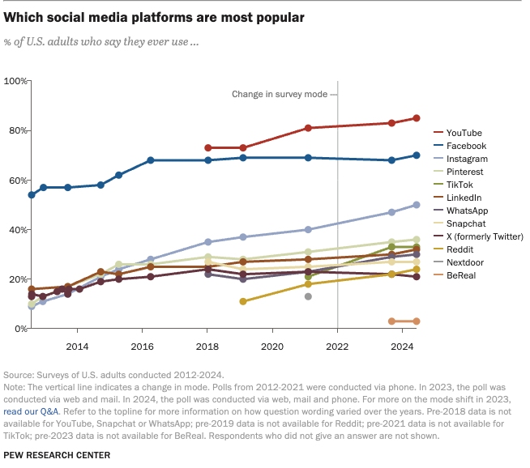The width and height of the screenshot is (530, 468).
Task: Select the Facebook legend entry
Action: coord(466,146)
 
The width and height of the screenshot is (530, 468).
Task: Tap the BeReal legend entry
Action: coord(462,277)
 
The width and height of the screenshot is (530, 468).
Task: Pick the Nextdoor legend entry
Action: coord(466,264)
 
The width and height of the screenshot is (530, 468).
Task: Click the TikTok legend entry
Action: coord(459,185)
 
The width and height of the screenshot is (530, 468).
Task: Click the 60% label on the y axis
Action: coord(17,180)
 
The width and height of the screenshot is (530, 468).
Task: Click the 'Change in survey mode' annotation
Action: coord(280,95)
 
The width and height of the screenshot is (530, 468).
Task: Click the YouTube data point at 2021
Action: coord(308,128)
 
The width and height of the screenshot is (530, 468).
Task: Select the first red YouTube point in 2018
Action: coord(208,148)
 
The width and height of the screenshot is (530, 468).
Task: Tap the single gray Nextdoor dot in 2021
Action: coord(308,296)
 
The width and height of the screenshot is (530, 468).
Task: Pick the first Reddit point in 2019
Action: coord(243,301)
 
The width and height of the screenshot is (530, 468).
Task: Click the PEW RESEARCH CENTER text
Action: coord(57,456)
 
